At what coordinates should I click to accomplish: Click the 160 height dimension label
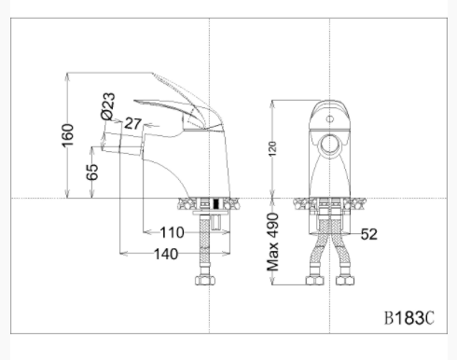coord(68,135)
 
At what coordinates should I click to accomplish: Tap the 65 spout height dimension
coord(92,172)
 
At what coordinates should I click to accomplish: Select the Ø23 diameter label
coord(108,106)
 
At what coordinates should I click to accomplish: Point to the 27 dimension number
coord(133,123)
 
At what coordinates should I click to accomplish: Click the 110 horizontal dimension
coord(172,232)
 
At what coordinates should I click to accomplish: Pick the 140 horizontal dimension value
coord(166,254)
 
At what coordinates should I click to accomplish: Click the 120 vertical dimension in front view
coord(272,149)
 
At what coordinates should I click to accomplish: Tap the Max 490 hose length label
coord(272,242)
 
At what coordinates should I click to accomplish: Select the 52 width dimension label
coord(369,234)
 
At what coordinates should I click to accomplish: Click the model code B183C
coord(409,318)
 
